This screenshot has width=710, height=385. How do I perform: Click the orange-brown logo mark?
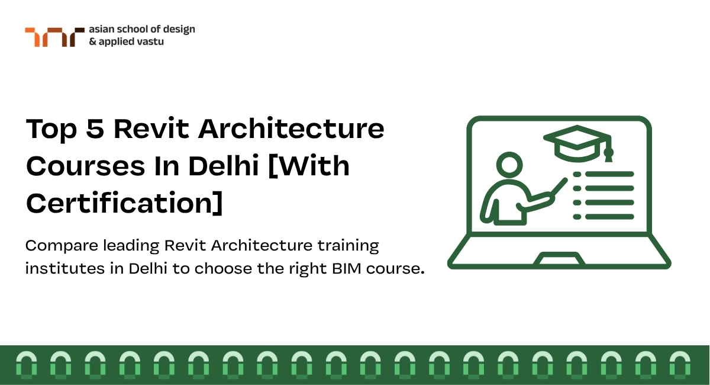[x=54, y=37]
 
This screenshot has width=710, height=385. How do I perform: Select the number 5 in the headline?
[x=95, y=129]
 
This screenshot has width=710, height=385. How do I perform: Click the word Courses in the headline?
[x=86, y=166]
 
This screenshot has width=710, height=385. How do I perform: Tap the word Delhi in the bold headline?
[x=224, y=165]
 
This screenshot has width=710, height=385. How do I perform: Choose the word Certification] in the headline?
[x=125, y=203]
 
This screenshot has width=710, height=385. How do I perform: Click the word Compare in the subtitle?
[x=62, y=246]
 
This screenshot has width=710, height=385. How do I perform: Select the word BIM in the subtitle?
[x=347, y=268]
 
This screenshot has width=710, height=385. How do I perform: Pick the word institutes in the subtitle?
[x=65, y=268]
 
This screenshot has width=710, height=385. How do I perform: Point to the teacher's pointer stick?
[x=559, y=187]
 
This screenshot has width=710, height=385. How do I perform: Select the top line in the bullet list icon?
[x=609, y=174]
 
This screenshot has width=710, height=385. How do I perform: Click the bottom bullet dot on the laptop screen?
[x=577, y=217]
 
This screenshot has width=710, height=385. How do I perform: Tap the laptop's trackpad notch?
[x=559, y=258]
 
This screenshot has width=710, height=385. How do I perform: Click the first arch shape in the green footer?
[x=26, y=365]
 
